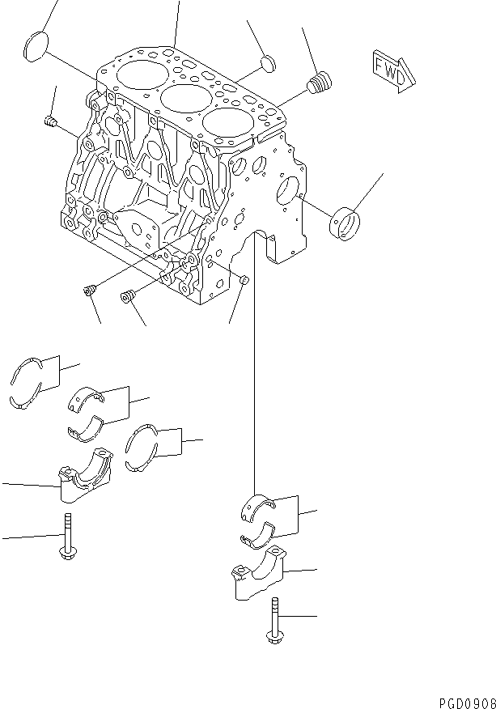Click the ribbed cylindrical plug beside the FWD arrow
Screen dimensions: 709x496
(321, 82)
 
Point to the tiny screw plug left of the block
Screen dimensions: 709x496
(49, 122)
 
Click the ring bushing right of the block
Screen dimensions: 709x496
(346, 223)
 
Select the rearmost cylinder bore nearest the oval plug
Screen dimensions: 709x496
(140, 73)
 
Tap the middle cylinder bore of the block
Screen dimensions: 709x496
(183, 100)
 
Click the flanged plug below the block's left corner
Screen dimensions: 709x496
(91, 290)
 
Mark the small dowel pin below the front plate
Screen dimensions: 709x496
(244, 281)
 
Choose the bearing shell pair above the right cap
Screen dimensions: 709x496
(260, 518)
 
